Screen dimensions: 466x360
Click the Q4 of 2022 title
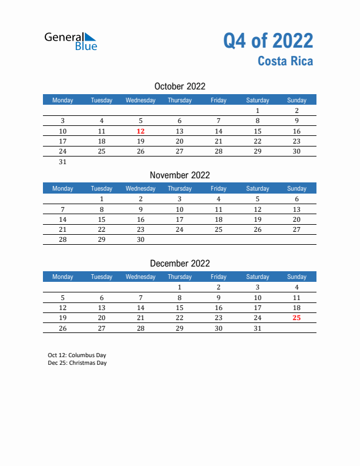[268, 41]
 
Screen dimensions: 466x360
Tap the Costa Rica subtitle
[285, 61]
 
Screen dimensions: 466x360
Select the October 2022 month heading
[179, 86]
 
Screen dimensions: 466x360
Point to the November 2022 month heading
[179, 175]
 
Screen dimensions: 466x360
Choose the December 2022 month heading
[179, 264]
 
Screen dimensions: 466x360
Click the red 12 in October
[141, 131]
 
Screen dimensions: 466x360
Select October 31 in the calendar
[63, 162]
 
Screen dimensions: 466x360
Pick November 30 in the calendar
[141, 240]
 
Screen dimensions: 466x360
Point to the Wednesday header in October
[141, 100]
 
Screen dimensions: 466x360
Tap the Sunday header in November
[296, 188]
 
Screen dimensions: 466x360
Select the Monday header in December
[63, 277]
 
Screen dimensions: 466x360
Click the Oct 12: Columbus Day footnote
[77, 355]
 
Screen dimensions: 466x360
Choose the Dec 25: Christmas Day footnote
[77, 363]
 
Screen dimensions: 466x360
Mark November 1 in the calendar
[102, 199]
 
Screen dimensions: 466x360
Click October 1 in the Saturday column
[257, 111]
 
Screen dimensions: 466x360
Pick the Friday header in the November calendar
[218, 188]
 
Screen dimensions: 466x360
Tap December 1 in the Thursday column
[179, 287]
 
